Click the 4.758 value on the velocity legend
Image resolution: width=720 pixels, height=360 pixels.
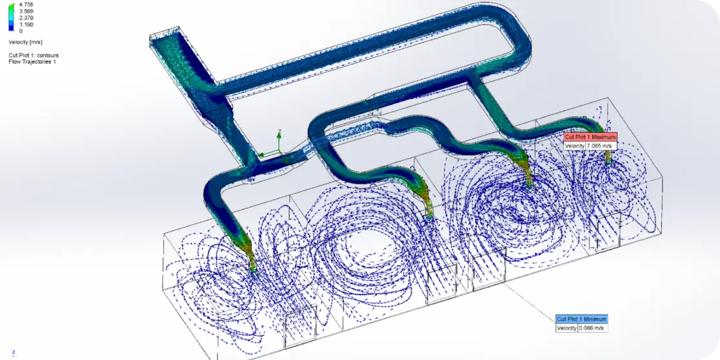coord(26,4)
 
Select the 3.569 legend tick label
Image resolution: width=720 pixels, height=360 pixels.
coord(26,11)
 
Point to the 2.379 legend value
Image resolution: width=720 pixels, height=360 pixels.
coord(26,17)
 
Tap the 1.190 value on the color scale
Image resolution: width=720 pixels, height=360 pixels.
coord(26,24)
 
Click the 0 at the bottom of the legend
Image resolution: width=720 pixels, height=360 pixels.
coord(21,30)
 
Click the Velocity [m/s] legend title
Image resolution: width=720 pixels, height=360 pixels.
coord(26,42)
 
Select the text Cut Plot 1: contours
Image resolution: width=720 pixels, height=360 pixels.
coord(33,55)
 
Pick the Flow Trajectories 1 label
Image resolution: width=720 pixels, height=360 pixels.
coord(32,62)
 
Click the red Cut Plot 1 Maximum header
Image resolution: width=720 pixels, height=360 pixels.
coord(590,137)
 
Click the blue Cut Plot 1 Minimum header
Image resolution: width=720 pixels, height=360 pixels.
coord(581,319)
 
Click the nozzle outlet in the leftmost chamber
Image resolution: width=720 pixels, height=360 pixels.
coord(253,270)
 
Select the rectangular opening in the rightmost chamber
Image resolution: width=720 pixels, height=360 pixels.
coord(608,232)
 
